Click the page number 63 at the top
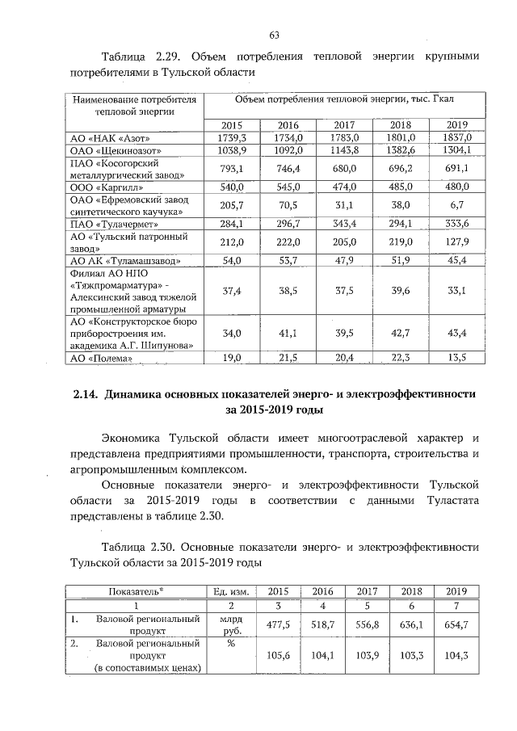[x=274, y=34]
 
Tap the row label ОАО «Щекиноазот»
[x=117, y=150]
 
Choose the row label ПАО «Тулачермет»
[x=114, y=224]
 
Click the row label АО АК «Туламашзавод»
[x=121, y=260]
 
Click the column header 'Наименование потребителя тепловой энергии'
[x=134, y=105]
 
